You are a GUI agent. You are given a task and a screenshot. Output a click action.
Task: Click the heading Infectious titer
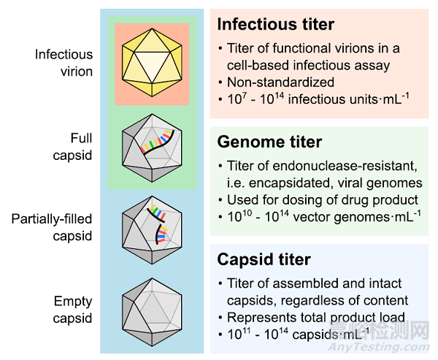[276, 24]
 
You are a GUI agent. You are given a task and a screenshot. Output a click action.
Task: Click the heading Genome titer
[269, 142]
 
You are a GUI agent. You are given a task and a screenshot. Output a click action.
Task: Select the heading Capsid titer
[264, 260]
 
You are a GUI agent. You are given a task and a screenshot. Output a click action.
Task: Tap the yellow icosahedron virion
[152, 63]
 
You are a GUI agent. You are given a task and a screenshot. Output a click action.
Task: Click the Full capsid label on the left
[72, 147]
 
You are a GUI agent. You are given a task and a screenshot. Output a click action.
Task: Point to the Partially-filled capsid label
[52, 228]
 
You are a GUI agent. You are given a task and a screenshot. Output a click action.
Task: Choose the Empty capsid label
[72, 310]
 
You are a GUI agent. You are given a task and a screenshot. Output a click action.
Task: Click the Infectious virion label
[64, 63]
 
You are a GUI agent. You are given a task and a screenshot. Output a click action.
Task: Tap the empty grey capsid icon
[152, 313]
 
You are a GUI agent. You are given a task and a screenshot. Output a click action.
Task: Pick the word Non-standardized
[280, 83]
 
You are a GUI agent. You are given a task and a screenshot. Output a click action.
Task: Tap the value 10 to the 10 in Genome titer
[239, 216]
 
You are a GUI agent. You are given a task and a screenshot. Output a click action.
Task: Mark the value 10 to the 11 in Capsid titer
[239, 334]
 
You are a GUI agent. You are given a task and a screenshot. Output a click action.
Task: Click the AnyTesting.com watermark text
[379, 347]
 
